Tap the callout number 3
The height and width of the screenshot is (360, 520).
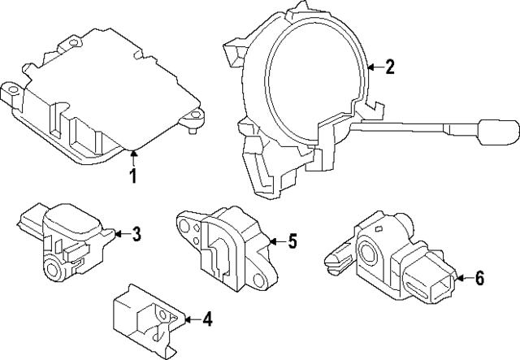[x=136, y=235]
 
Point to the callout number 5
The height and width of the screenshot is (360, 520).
[x=292, y=241]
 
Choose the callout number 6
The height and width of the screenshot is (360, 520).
[x=479, y=280]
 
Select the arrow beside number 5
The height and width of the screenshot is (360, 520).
[x=275, y=241]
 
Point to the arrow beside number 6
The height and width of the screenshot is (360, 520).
[x=461, y=280]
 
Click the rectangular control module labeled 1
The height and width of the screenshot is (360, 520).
[x=106, y=93]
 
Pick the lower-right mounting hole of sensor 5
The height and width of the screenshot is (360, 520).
[x=259, y=280]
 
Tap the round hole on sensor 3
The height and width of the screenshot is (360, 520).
[x=54, y=267]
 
